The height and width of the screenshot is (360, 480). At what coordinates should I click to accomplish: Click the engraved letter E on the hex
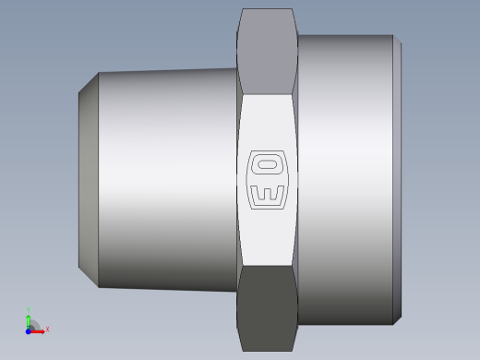[x=267, y=196]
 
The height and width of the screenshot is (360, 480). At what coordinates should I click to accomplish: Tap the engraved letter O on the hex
[x=267, y=167]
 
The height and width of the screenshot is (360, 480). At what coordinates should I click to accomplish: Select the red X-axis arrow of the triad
[x=39, y=330]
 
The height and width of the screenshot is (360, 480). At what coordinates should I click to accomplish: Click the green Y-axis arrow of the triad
[x=29, y=319]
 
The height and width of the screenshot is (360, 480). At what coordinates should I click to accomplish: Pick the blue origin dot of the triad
[x=29, y=330]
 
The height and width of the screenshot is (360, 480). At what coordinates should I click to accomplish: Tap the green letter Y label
[x=29, y=310]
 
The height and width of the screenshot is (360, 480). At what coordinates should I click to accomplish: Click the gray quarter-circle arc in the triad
[x=35, y=324]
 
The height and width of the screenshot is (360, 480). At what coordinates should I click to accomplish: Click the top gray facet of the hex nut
[x=267, y=51]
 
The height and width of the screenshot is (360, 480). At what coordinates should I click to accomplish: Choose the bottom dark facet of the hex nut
[x=267, y=309]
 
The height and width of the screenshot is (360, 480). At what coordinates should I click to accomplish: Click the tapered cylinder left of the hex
[x=166, y=180]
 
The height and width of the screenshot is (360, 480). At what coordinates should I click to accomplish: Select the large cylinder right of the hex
[x=343, y=180]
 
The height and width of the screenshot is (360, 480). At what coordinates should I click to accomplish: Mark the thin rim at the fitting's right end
[x=397, y=180]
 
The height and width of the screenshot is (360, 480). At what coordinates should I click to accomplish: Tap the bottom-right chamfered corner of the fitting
[x=397, y=319]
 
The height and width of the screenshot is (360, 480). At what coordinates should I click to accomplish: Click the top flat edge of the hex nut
[x=267, y=9]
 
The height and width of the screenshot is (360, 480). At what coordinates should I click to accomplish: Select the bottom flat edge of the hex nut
[x=267, y=351]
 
